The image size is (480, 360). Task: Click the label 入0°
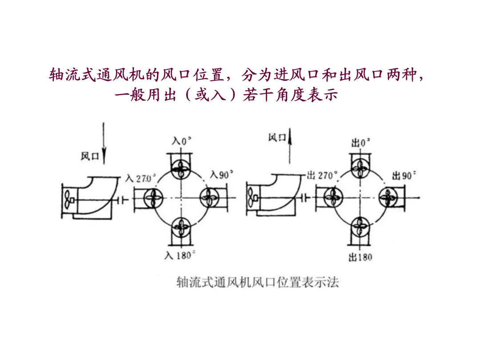point(181,141)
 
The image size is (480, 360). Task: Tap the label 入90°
point(221,175)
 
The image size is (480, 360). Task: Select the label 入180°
point(180,255)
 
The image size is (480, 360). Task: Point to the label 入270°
point(140,178)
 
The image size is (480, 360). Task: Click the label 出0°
point(360,142)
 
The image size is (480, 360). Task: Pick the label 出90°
point(404,176)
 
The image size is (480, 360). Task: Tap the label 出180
point(360,257)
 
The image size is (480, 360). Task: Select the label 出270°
point(322,176)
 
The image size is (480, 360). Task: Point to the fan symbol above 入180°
point(181,228)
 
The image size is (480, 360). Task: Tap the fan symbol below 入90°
point(209,198)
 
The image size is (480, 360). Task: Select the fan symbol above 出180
point(360,227)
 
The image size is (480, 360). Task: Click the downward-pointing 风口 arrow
point(104,143)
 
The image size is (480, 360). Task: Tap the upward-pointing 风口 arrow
point(290,146)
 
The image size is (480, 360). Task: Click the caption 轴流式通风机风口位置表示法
point(257,282)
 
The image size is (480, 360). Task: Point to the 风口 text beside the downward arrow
point(90,156)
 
